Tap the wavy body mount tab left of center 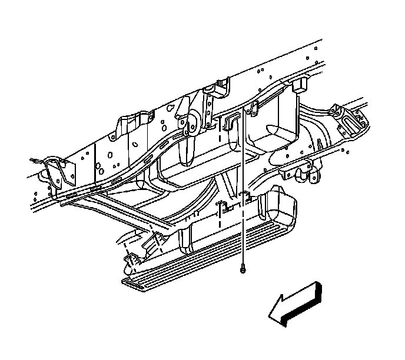tap(128, 126)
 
